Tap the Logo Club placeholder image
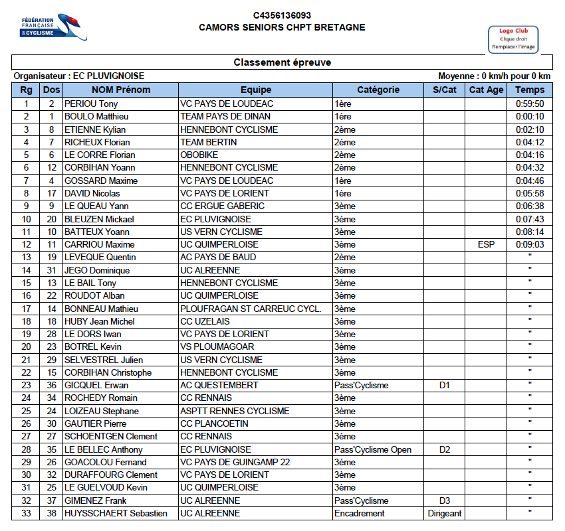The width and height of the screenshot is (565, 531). pos(513,39)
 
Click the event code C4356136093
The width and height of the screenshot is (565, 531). pos(282,15)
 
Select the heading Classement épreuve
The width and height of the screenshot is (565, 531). pos(282,62)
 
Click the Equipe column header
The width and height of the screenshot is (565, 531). pos(256,90)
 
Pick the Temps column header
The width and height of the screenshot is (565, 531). pos(529,90)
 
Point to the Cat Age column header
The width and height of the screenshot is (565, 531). pos(486,90)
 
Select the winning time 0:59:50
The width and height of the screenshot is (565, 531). pos(529,104)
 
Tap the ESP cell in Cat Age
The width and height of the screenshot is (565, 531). pos(486,244)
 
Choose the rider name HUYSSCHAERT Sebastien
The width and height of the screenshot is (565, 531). pos(116,513)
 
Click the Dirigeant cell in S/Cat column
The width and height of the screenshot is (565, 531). pos(445,513)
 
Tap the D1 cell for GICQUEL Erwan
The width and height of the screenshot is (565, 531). pos(445,385)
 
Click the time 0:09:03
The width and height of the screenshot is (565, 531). pos(529,244)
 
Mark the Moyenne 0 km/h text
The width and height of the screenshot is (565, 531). pos(495,76)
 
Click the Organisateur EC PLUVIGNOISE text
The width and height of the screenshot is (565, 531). pos(79,76)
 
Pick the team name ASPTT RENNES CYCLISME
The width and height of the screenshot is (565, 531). pos(235,411)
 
